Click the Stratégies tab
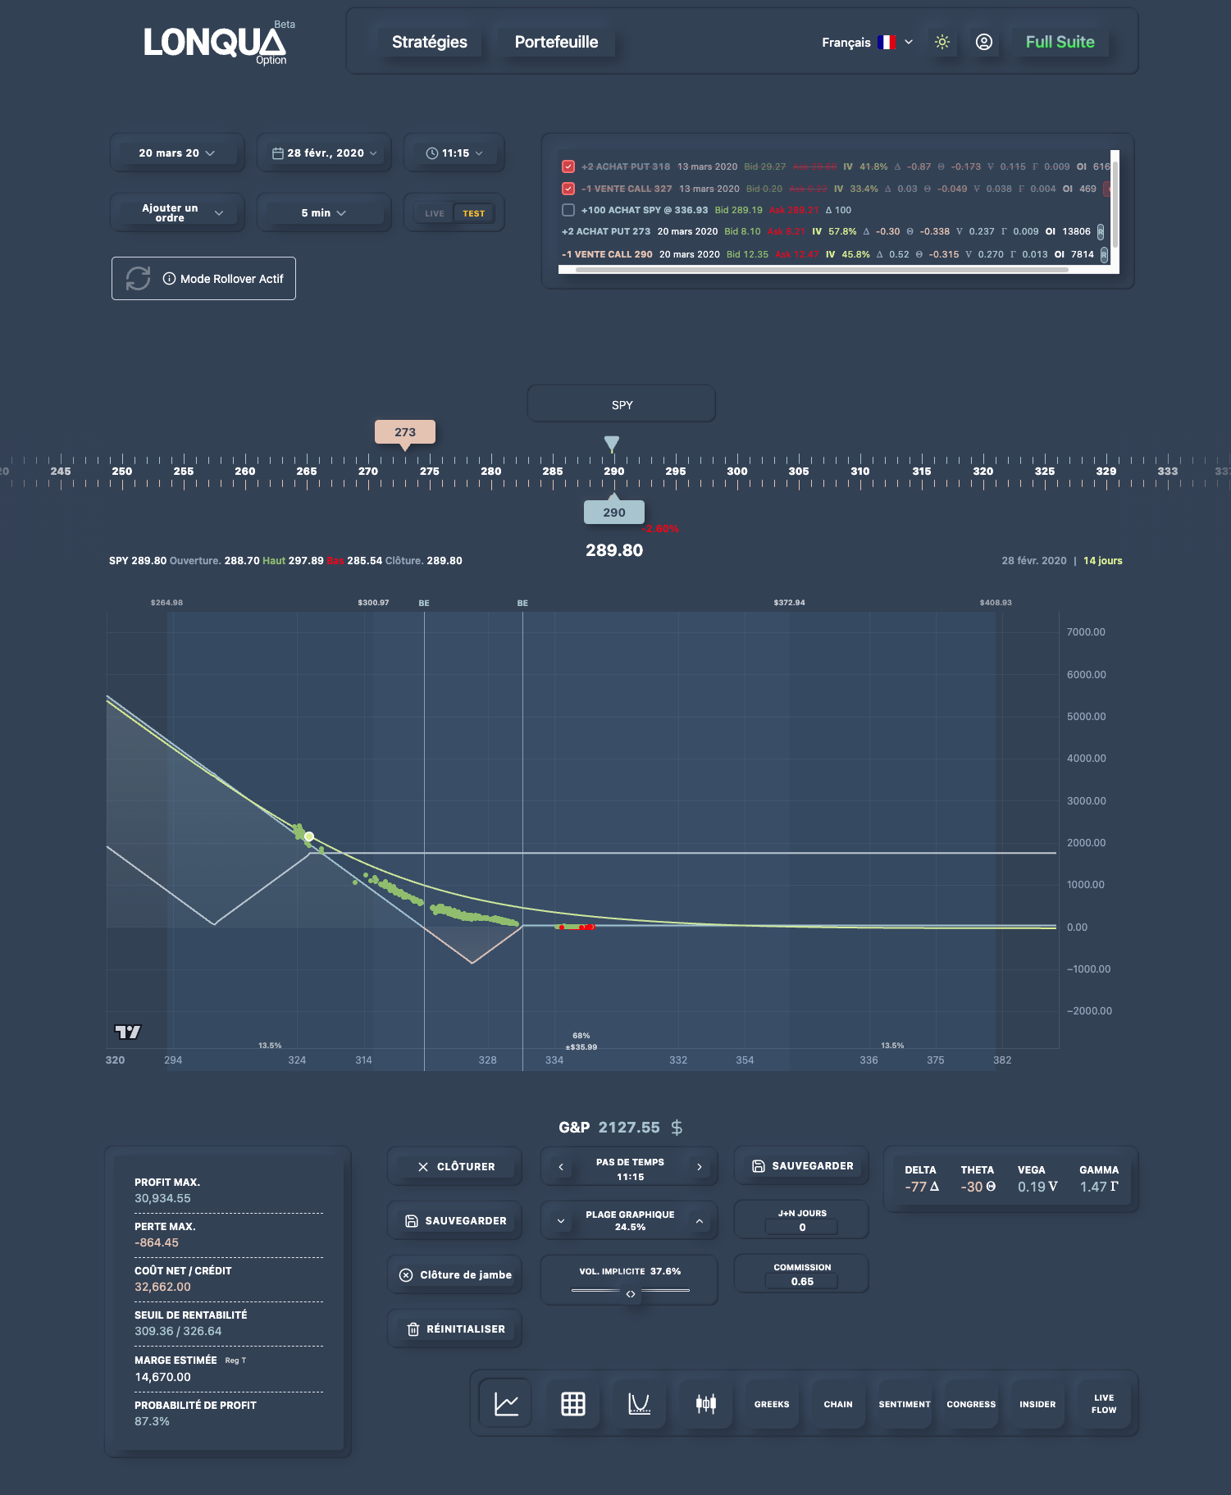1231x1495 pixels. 429,42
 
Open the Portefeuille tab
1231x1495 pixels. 556,42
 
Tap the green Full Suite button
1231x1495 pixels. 1060,42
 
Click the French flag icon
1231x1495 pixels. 886,42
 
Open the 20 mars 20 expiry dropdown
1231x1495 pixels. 176,153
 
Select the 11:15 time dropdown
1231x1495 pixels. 454,153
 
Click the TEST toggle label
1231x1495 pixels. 473,213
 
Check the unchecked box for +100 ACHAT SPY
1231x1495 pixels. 568,210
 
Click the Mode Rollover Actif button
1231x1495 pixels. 203,279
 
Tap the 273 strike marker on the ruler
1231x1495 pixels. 405,432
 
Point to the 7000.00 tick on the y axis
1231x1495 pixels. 1086,632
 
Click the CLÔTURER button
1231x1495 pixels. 455,1166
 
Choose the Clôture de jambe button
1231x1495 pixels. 455,1275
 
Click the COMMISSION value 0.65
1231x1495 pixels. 802,1282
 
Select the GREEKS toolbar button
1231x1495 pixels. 772,1404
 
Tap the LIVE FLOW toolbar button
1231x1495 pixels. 1103,1404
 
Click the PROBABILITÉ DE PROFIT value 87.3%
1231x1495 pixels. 153,1421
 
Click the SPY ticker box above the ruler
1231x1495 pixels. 622,404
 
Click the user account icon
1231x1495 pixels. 984,42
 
